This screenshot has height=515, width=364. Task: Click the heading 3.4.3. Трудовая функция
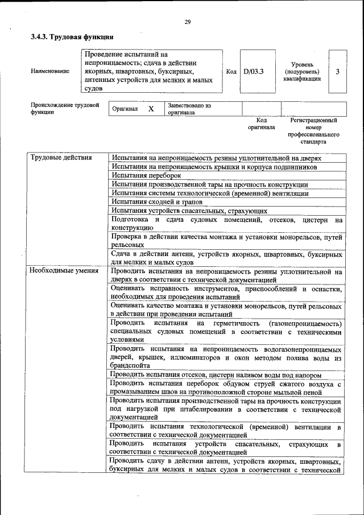pos(68,37)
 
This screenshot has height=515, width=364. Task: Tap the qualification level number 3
pos(338,72)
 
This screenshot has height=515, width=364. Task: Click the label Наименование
pos(51,72)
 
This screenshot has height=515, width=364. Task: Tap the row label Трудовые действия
pos(61,158)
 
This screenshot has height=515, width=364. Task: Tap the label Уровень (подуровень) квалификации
pos(302,72)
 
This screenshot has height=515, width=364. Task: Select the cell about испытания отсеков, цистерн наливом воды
pos(217,376)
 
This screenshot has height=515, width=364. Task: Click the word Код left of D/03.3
pos(231,72)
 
